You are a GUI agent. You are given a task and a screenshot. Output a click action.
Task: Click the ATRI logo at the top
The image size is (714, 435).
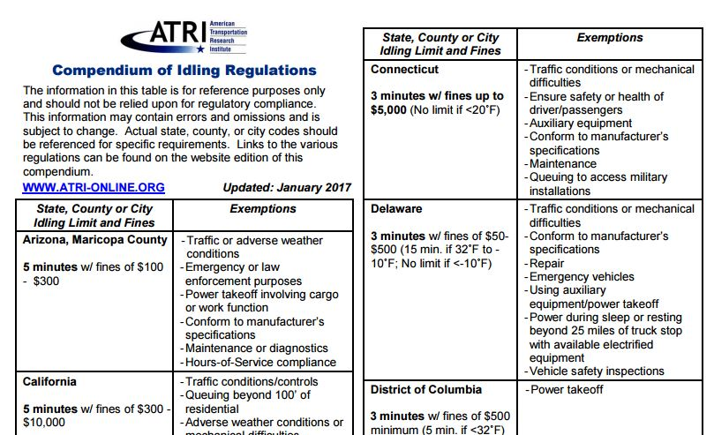[184, 34]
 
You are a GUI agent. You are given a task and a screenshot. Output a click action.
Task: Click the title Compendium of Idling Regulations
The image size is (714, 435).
[184, 70]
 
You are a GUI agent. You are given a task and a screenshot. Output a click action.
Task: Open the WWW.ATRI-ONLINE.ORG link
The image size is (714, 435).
[94, 188]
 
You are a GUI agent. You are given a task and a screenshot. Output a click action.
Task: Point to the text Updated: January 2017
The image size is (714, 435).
[287, 188]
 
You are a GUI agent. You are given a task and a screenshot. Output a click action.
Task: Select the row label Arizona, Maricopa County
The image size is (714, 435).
[94, 240]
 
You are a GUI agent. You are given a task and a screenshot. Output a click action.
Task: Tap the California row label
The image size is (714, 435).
[49, 381]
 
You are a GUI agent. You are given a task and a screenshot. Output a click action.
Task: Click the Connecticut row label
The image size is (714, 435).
[405, 69]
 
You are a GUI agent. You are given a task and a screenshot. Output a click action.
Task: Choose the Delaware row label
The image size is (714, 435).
[396, 209]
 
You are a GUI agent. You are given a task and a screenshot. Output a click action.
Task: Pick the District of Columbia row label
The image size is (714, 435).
[426, 389]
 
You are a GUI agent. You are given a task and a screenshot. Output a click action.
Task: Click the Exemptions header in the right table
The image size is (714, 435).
[610, 38]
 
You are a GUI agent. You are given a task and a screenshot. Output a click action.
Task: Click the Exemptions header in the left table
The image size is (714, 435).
[263, 209]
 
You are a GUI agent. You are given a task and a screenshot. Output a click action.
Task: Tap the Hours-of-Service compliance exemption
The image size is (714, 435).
[260, 362]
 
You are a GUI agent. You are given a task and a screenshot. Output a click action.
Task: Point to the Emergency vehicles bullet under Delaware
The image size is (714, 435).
[582, 276]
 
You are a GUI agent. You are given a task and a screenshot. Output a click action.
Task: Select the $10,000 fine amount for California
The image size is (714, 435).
[44, 423]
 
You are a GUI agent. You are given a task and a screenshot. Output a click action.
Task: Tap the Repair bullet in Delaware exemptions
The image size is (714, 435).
[546, 263]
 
